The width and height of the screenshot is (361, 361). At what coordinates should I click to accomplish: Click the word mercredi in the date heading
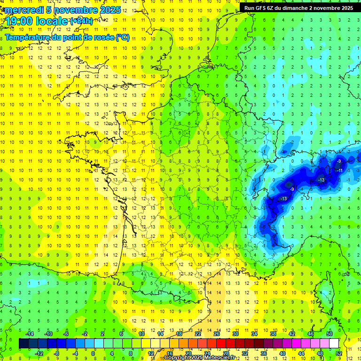pos(24,9)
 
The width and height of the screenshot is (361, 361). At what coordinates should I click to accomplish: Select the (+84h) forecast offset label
pos(81,21)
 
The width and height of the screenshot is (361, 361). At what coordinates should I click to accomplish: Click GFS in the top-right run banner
pos(263,8)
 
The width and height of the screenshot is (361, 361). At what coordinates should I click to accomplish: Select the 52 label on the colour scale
pos(339,353)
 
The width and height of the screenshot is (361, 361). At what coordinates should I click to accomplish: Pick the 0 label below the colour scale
pos(93,353)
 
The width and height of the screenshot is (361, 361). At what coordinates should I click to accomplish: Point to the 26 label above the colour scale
pos(217,334)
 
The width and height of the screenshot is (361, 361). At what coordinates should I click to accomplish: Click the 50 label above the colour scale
pos(330,334)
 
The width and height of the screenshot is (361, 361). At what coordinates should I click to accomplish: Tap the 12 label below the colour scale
pos(151,353)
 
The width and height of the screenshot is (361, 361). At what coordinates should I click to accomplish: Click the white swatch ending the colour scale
pos(334,344)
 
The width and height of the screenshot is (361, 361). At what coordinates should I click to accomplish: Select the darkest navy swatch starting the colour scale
pos(24,344)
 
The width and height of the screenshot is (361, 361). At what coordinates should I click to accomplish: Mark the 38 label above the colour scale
pos(273,334)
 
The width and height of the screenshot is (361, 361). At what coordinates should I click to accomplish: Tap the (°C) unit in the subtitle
pos(123,38)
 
